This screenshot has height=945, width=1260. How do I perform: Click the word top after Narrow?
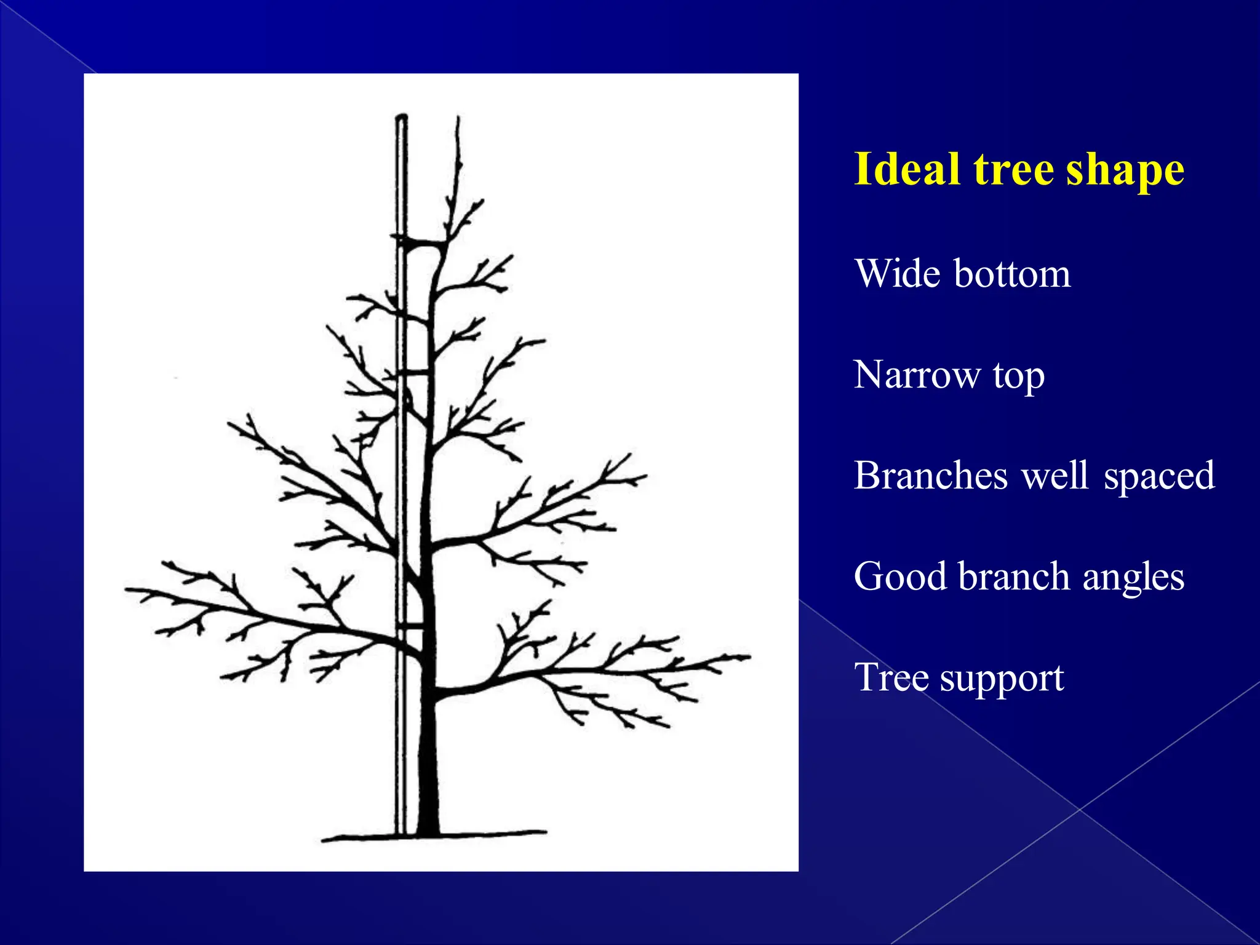pyautogui.click(x=1019, y=377)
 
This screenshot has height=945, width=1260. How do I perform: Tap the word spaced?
pyautogui.click(x=1159, y=477)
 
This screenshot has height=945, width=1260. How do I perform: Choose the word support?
pyautogui.click(x=1002, y=679)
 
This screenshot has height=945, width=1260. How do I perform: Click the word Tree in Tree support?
pyautogui.click(x=891, y=677)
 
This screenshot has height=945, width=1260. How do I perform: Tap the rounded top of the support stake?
pyautogui.click(x=401, y=117)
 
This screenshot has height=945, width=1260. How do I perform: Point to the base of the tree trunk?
pyautogui.click(x=428, y=827)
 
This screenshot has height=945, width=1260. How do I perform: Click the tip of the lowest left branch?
pyautogui.click(x=127, y=589)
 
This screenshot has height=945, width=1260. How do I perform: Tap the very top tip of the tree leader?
pyautogui.click(x=458, y=118)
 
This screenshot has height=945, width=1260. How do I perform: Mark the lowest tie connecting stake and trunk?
pyautogui.click(x=410, y=626)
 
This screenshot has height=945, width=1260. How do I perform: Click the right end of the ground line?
pyautogui.click(x=544, y=832)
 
